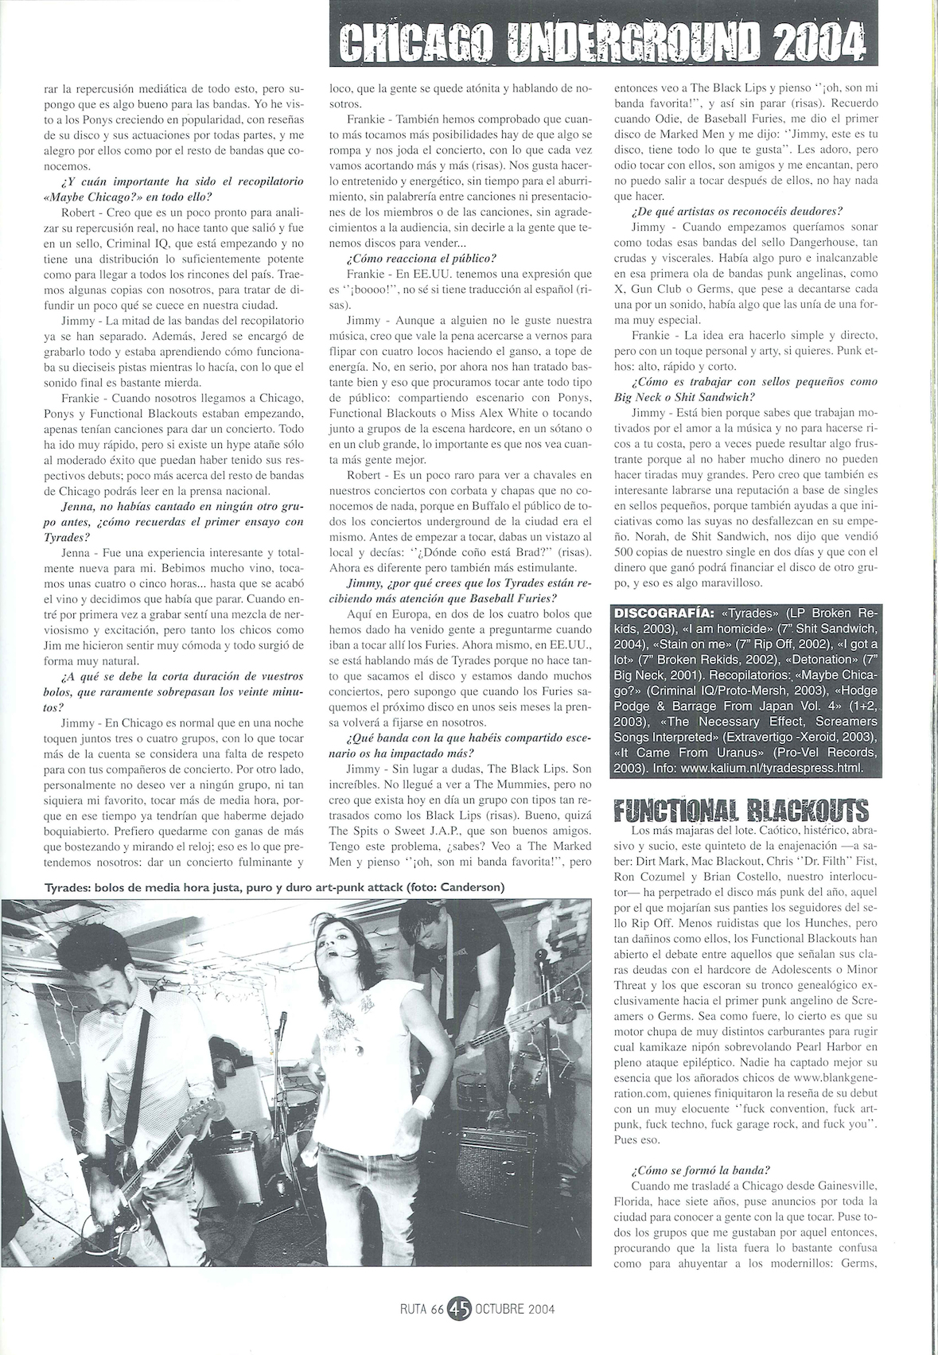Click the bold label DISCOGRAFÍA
pyautogui.click(x=666, y=613)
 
